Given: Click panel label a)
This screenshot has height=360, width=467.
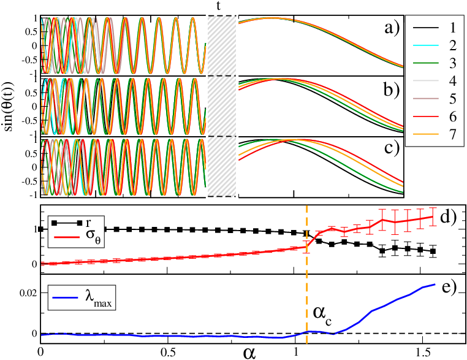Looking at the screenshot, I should tap(389, 28).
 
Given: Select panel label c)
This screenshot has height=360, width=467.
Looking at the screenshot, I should tap(389, 149).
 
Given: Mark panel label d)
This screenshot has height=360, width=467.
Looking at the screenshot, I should tap(450, 217).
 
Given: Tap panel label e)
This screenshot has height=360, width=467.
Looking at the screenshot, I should tap(450, 288).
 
